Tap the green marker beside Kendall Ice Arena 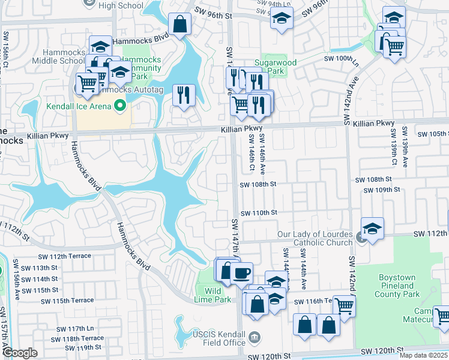click(119, 107)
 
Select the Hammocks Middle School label click(58, 56)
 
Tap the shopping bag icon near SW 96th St click(179, 25)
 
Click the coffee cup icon click(241, 274)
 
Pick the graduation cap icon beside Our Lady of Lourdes click(372, 229)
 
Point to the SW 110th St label click(259, 213)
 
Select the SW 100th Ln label click(340, 59)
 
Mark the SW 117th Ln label click(76, 328)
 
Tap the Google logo click(20, 353)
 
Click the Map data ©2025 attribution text click(422, 355)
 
